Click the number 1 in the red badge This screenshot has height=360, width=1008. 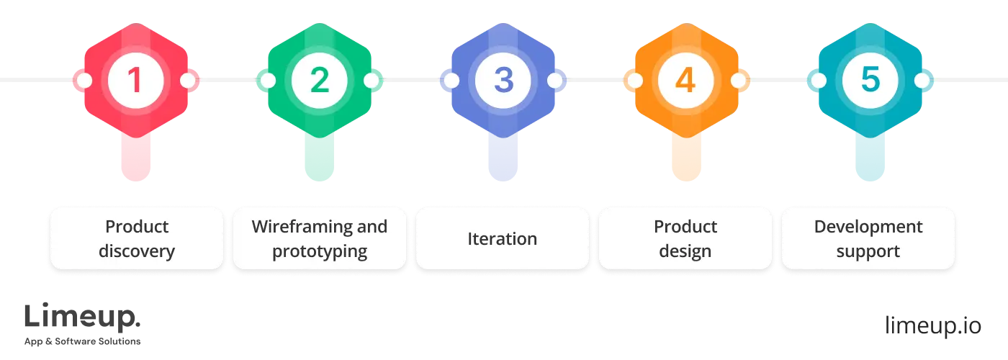point(135,80)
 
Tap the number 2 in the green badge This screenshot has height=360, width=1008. point(319,80)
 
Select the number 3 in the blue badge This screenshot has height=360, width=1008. point(503,80)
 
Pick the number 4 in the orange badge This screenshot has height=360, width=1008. point(686,80)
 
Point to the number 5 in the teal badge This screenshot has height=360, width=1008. point(870,80)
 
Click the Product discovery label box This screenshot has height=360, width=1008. point(136,239)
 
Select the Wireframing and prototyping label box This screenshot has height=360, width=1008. point(319,239)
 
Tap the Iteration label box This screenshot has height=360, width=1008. point(503,239)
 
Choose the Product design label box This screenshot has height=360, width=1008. point(685,239)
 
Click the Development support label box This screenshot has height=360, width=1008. point(868,239)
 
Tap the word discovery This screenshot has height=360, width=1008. point(136,252)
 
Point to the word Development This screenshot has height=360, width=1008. point(868,227)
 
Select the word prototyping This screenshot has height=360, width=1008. point(319,252)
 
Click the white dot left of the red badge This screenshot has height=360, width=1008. point(84,80)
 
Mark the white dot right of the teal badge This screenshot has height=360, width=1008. point(922,80)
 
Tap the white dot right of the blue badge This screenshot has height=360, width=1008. point(555,80)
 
